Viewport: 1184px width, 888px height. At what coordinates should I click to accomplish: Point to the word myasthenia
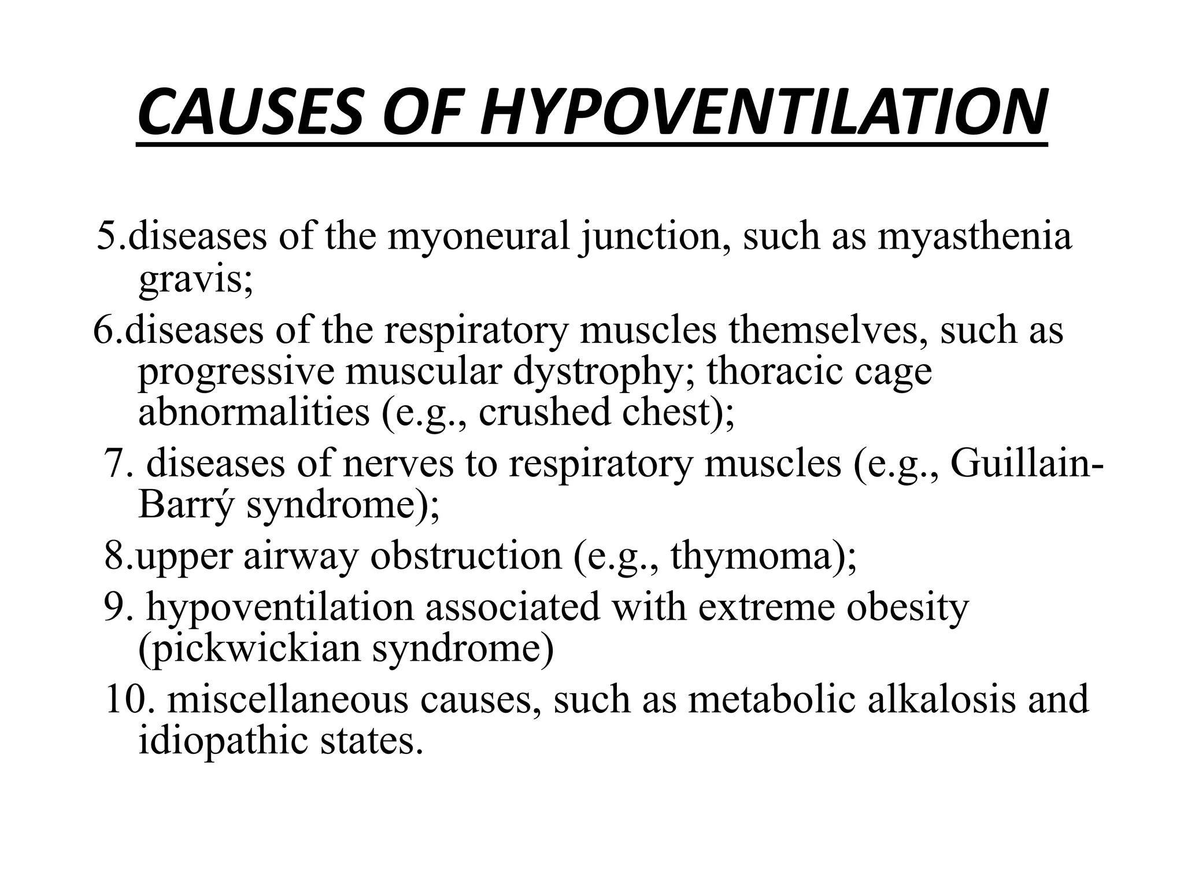(975, 236)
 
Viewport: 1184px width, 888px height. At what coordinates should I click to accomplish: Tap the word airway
(300, 556)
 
